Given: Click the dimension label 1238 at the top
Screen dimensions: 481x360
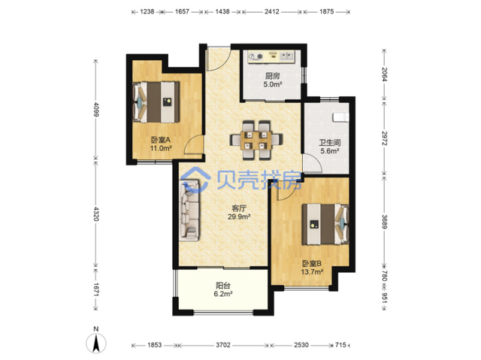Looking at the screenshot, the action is coord(147,12).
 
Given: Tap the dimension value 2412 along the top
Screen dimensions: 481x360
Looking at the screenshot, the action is coord(272,12).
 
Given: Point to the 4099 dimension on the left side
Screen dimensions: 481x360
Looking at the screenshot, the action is coord(96,110).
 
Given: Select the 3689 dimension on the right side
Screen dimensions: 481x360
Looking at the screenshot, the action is coord(385,222).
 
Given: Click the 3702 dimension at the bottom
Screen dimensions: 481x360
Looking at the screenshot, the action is coord(223,345).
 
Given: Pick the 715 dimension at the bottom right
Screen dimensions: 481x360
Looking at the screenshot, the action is coord(340,345).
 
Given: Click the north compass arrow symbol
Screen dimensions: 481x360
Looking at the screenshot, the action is coord(96,343).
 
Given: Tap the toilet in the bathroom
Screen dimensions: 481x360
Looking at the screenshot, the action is coord(340,116).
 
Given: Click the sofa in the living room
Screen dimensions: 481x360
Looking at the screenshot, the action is coord(189,210).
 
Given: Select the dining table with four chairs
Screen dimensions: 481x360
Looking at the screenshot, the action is coord(256,140).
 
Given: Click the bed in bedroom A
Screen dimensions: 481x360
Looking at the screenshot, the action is coord(156,102).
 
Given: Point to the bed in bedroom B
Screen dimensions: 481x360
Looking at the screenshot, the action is coord(325,224).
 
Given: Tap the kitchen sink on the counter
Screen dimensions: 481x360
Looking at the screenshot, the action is coord(287,56).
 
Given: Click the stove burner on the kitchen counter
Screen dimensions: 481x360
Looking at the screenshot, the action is coord(256,56).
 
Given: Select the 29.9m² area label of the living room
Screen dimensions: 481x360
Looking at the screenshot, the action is coord(239,216).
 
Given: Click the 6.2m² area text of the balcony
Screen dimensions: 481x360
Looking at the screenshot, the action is coord(223,294).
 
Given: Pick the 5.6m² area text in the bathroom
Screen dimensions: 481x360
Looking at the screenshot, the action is coord(330,151).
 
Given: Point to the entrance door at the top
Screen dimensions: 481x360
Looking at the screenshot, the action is coord(218,59).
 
